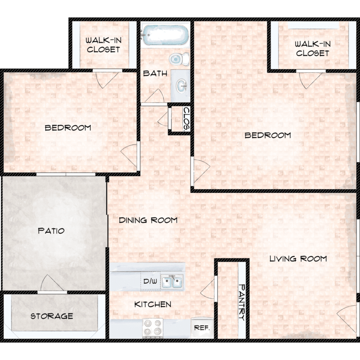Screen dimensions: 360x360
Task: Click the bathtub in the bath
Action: click(165, 36)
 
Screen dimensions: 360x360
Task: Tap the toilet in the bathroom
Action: click(180, 59)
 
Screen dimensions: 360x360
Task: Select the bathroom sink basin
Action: click(181, 86)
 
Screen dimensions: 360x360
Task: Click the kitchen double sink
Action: click(172, 281)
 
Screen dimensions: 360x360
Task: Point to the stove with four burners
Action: click(153, 328)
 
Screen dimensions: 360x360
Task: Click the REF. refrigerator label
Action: click(202, 328)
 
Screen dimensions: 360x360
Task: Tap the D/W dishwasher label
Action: click(150, 281)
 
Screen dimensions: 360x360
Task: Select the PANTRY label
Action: click(241, 302)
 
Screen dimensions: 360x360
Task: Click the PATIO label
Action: click(51, 230)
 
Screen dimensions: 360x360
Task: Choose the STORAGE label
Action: click(52, 316)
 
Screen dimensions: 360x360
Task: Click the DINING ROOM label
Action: click(148, 220)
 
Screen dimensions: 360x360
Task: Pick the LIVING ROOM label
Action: click(298, 259)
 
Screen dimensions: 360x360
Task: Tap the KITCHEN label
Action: click(153, 304)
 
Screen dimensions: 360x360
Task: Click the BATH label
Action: click(155, 73)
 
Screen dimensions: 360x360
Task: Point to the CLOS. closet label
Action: click(186, 119)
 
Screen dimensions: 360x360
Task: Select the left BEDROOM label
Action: click(68, 128)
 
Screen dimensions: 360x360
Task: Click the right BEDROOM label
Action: click(268, 135)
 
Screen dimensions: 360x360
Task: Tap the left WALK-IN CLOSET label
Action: click(104, 45)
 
